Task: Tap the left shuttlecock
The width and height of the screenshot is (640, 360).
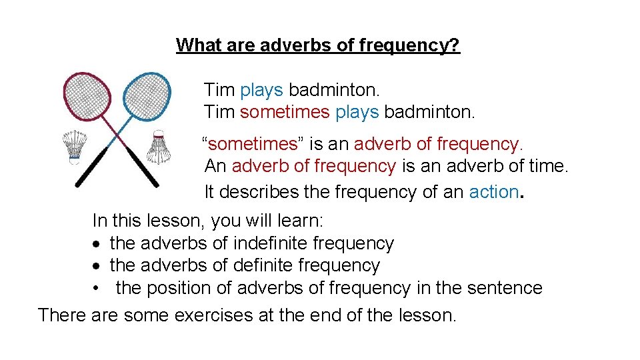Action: coord(75,147)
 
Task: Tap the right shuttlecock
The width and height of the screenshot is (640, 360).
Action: coord(159,147)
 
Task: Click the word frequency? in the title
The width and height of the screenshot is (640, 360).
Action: coord(409,46)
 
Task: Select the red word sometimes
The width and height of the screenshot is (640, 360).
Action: coord(285,112)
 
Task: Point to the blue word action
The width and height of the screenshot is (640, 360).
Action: coord(493,192)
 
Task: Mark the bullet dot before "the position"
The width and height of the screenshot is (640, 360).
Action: coord(97,288)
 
